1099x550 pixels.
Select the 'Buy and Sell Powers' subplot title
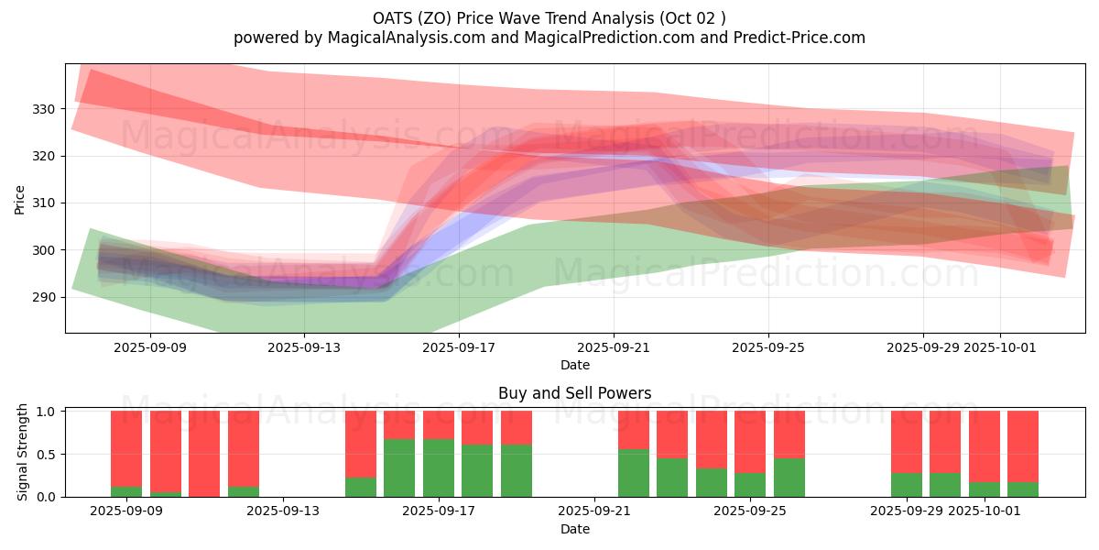tap(574, 393)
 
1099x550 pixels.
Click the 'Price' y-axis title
tap(20, 198)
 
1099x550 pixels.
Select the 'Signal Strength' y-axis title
tap(24, 452)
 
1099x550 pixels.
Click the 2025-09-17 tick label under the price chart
tap(459, 347)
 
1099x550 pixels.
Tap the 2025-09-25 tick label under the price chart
tap(768, 347)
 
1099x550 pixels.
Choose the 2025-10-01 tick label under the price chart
tap(1000, 347)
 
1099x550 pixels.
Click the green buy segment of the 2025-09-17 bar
tap(439, 467)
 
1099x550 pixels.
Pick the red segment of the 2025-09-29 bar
tap(907, 441)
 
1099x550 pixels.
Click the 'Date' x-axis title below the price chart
tap(574, 365)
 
